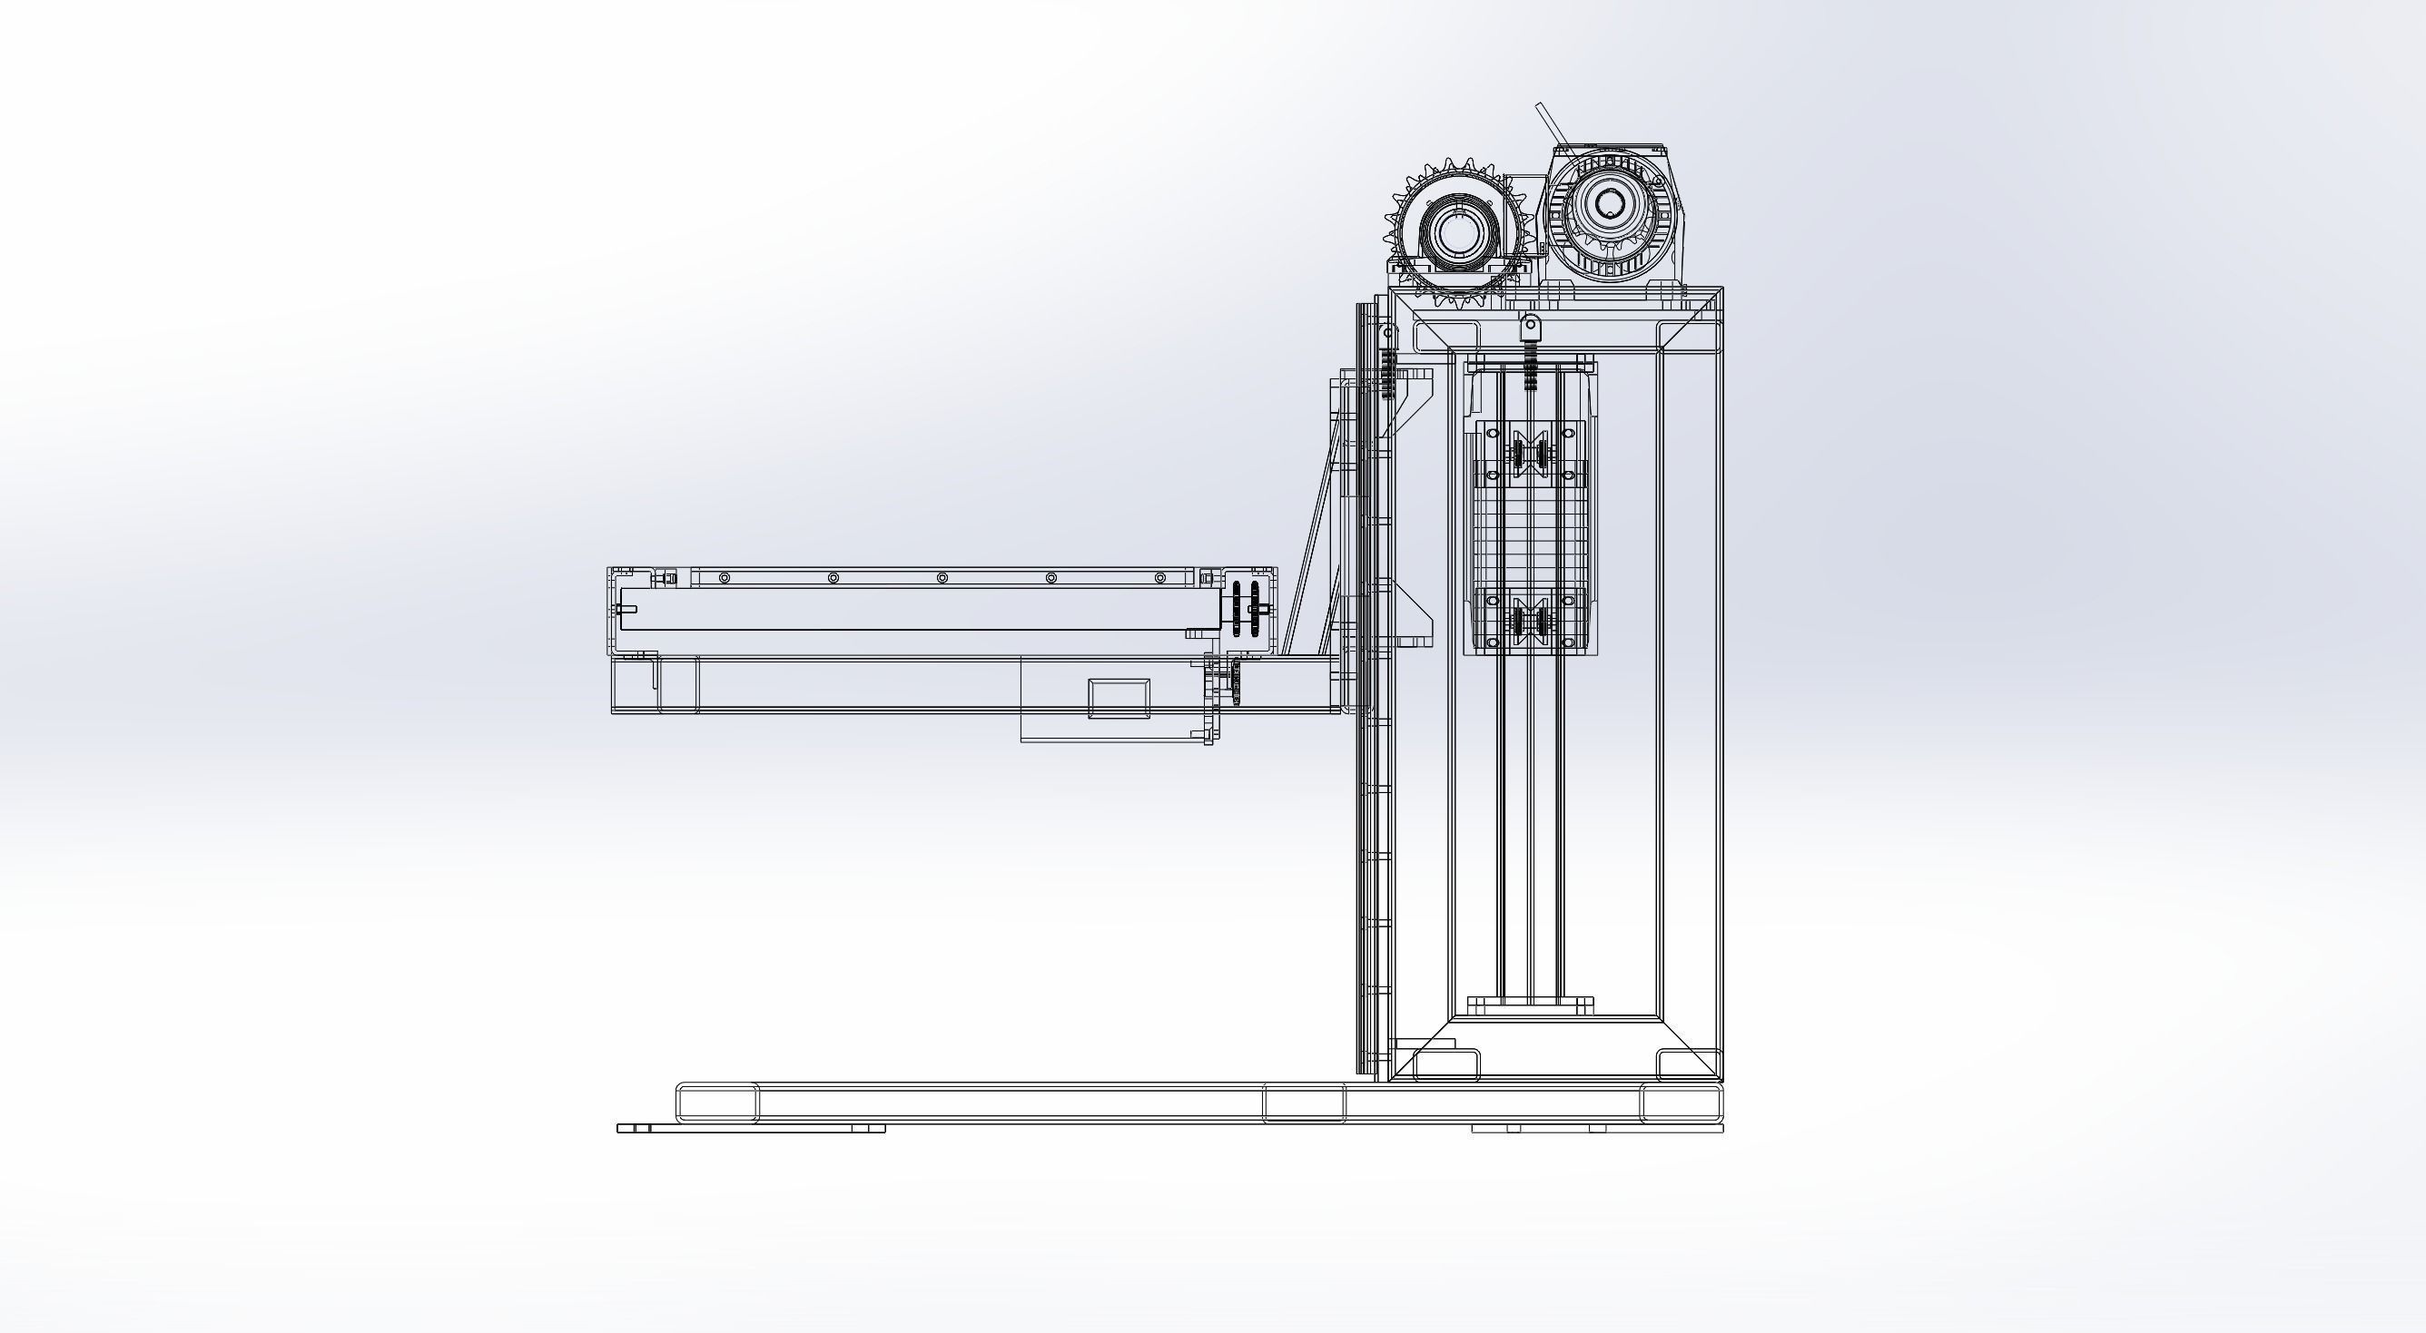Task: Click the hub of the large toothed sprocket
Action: coord(1458,230)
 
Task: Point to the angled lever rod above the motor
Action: coord(1549,126)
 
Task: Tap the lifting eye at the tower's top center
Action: coord(1531,326)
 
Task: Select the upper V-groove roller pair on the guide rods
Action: coord(1531,455)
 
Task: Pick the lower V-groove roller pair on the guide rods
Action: coord(1531,622)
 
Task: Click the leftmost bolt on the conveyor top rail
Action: coord(724,577)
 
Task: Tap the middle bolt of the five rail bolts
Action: coord(942,577)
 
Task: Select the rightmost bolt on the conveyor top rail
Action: coord(1160,577)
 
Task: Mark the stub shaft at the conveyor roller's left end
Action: coord(626,609)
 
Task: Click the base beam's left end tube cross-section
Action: coord(717,1103)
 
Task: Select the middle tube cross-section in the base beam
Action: coord(1304,1103)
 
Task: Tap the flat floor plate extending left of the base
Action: coord(751,1128)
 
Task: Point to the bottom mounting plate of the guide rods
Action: coord(1531,1005)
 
